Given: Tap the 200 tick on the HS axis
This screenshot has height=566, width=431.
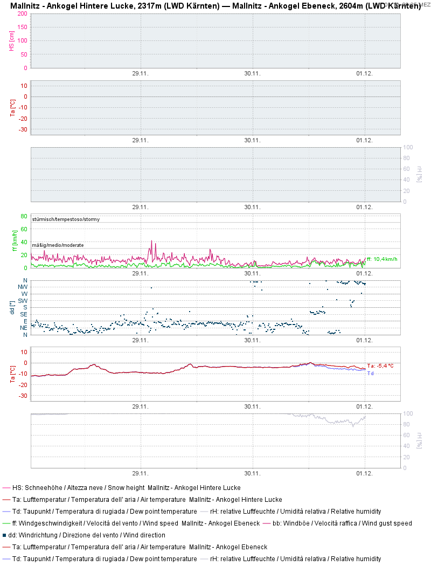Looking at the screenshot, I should click(x=22, y=13).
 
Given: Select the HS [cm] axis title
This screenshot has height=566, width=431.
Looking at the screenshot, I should click(x=11, y=40).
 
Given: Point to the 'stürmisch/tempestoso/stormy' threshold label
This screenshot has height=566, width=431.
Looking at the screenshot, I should click(x=66, y=219).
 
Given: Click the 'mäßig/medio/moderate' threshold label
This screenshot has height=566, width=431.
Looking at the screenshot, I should click(x=58, y=245).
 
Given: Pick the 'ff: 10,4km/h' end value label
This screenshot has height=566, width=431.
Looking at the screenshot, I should click(x=382, y=259).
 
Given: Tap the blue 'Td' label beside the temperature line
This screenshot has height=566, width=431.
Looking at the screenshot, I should click(x=370, y=373).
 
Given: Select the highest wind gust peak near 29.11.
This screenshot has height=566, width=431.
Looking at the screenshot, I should click(x=152, y=241).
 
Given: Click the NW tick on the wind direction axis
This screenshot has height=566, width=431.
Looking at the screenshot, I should click(x=23, y=287).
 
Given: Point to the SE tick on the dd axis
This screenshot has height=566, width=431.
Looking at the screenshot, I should click(x=24, y=314).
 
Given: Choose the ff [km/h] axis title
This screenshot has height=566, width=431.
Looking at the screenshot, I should click(x=15, y=241).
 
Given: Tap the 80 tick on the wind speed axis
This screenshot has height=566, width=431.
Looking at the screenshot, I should click(x=24, y=216).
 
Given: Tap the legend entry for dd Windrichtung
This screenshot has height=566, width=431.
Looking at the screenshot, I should click(x=87, y=535).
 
